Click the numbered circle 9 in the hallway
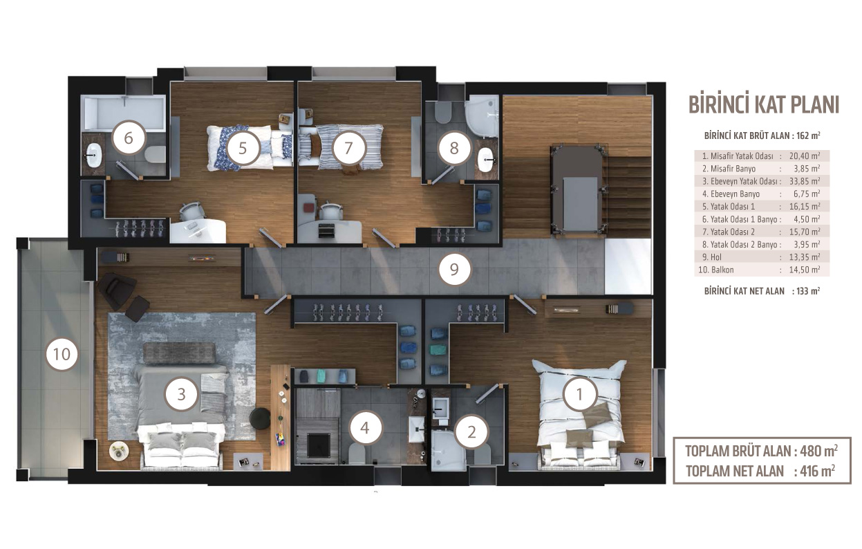click(454, 270)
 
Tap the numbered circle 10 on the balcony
click(62, 354)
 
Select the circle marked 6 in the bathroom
click(129, 138)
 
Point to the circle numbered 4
click(365, 427)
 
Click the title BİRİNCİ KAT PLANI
click(763, 104)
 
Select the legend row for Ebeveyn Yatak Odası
click(762, 181)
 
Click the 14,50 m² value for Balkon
click(805, 270)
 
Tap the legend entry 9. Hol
click(712, 257)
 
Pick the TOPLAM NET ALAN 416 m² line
click(760, 471)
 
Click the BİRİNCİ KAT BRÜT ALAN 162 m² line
click(762, 136)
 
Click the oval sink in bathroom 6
click(93, 155)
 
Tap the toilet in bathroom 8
click(443, 111)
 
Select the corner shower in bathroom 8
click(482, 116)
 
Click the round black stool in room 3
click(260, 418)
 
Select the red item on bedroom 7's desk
click(308, 208)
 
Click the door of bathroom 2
click(487, 393)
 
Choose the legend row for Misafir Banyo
click(762, 169)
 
